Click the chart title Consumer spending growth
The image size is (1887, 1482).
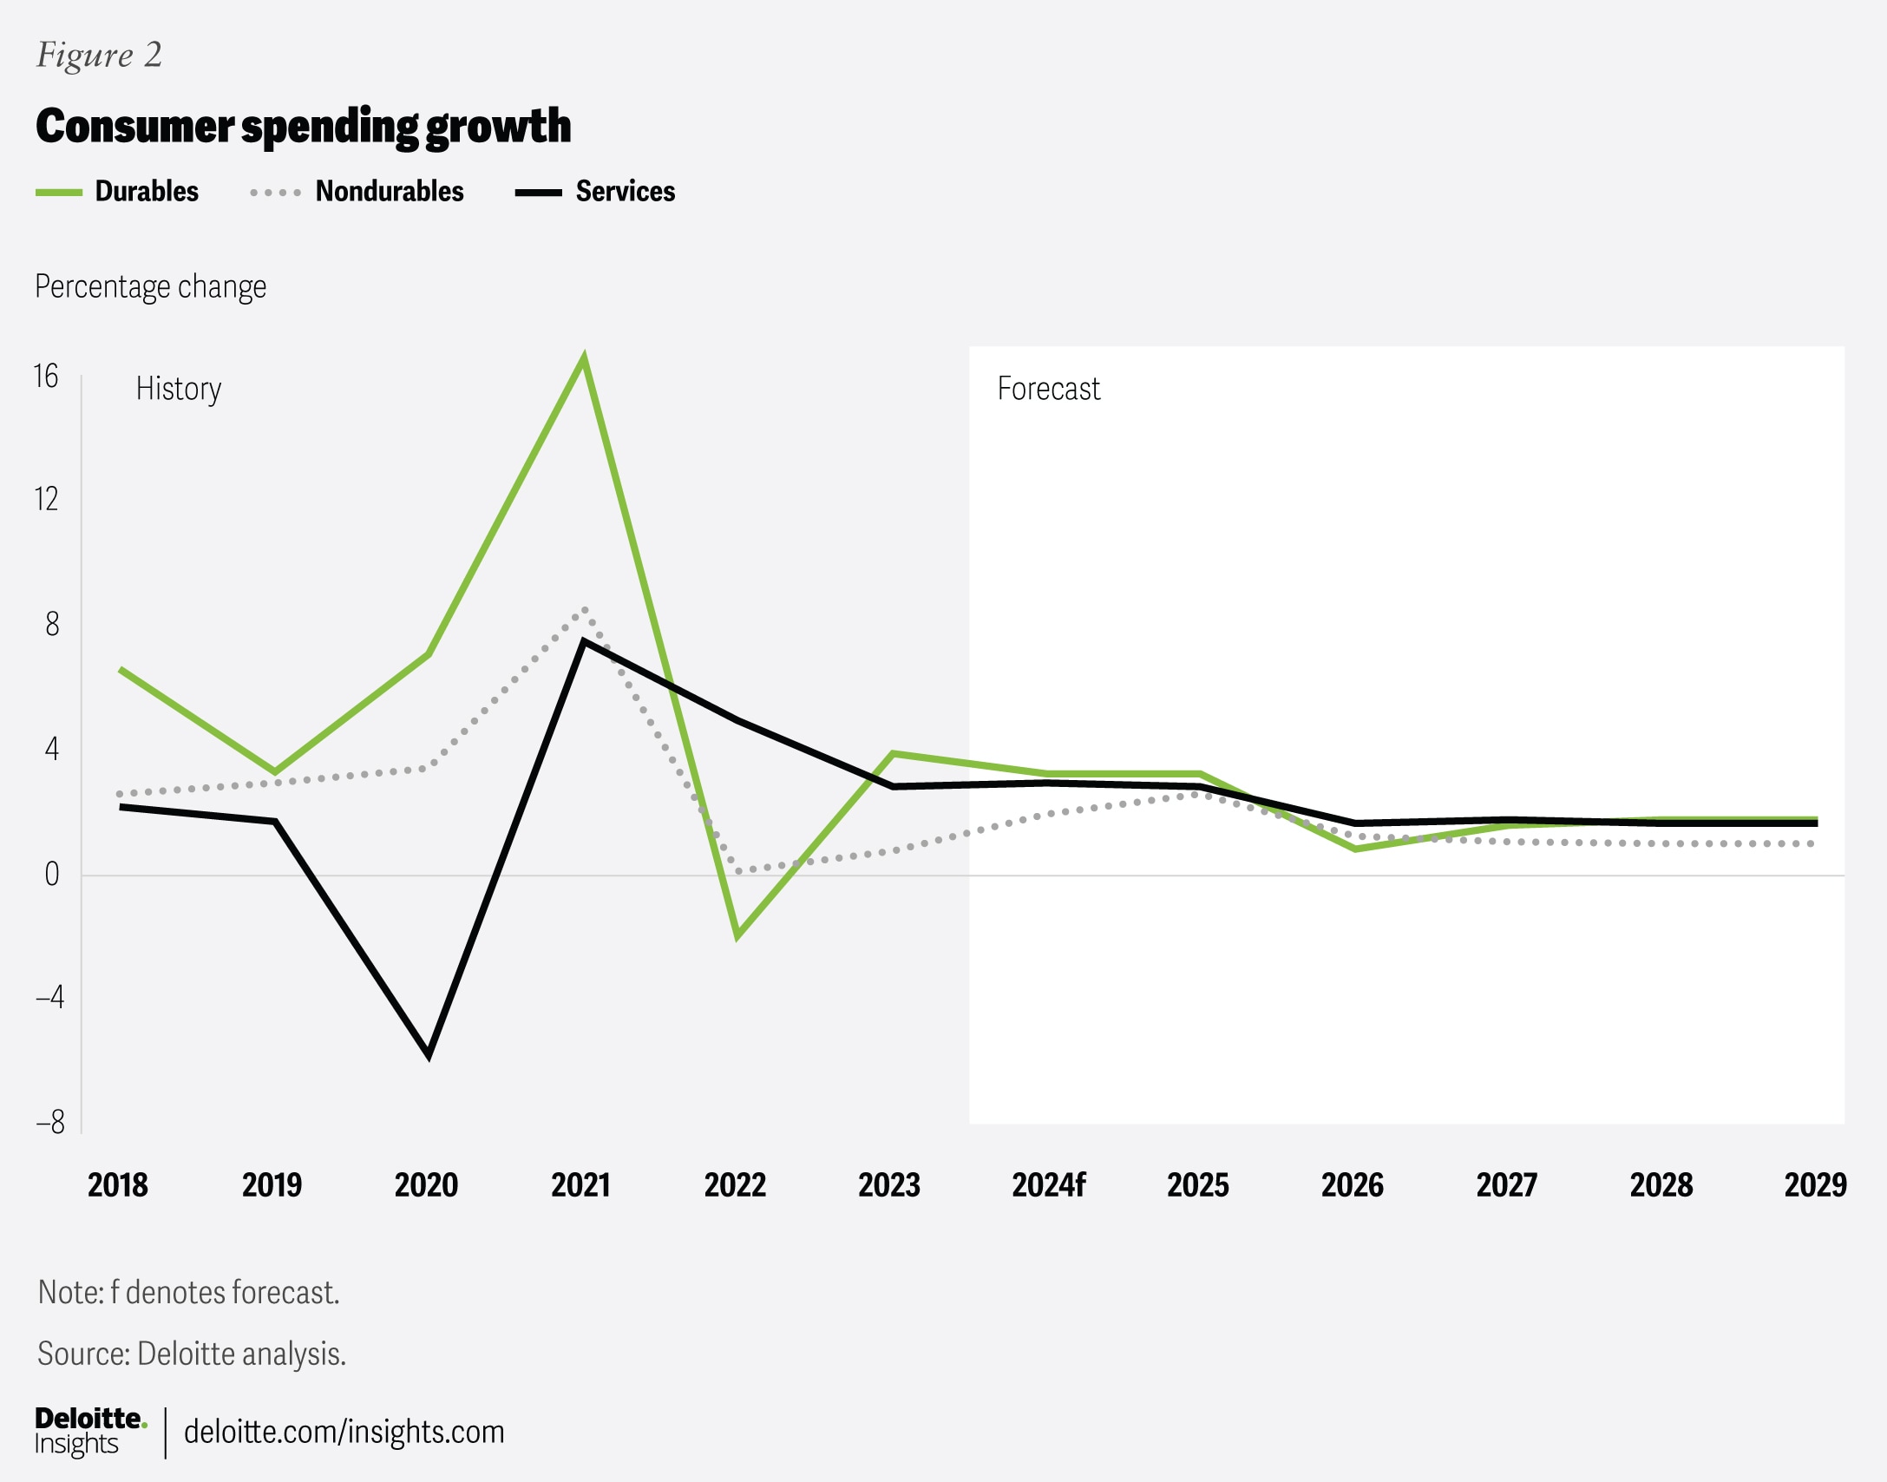tap(303, 127)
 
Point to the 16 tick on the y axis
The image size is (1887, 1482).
tap(46, 377)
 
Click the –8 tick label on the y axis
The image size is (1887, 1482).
tap(50, 1122)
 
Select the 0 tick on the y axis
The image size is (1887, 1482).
tap(52, 874)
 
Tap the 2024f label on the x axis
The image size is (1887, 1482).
tap(1048, 1185)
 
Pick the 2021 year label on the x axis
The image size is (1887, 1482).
tap(580, 1185)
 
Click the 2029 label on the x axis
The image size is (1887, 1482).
tap(1815, 1185)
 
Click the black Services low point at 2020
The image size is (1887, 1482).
tap(429, 1054)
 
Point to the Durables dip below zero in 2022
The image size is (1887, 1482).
tap(737, 934)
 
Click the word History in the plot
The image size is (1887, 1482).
tap(179, 389)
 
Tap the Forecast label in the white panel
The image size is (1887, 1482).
tap(1048, 389)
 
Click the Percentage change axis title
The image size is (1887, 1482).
tap(150, 286)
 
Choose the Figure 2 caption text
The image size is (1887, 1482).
tap(99, 55)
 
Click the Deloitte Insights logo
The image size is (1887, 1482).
tap(89, 1431)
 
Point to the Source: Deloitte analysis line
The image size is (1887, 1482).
tap(192, 1354)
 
